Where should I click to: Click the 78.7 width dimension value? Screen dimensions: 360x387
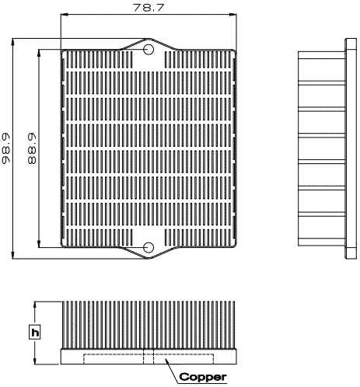point(149,8)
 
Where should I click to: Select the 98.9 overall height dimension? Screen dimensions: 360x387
point(5,148)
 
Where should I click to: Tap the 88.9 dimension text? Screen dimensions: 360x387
point(31,148)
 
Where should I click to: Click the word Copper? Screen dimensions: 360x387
point(203,377)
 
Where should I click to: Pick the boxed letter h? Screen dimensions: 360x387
point(35,332)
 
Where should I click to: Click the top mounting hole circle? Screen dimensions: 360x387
point(149,49)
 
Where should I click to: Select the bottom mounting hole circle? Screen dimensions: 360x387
point(149,247)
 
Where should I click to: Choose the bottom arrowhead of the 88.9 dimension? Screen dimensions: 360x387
point(39,244)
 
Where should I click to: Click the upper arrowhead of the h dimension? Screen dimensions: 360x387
point(35,305)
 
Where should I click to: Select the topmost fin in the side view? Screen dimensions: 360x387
point(322,55)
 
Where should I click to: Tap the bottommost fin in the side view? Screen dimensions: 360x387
point(322,242)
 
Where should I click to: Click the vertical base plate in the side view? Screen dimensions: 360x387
point(351,148)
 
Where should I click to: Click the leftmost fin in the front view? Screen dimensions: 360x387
point(63,325)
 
